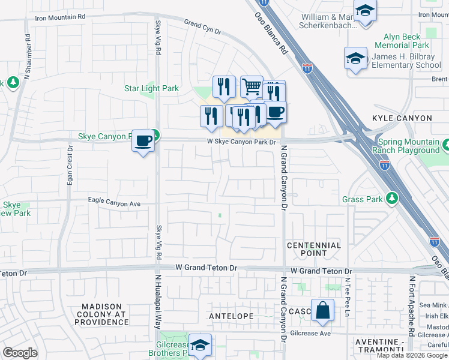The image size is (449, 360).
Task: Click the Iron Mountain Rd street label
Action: [60, 17]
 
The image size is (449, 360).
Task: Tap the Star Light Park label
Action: [151, 89]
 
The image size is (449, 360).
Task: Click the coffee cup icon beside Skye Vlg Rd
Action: [143, 140]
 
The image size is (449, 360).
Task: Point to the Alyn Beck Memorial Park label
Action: [402, 41]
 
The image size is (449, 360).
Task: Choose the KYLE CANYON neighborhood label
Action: [402, 119]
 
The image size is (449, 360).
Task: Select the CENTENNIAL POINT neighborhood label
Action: [314, 249]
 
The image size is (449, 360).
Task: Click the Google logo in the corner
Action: [20, 353]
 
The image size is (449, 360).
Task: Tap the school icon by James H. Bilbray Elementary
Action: [355, 58]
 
